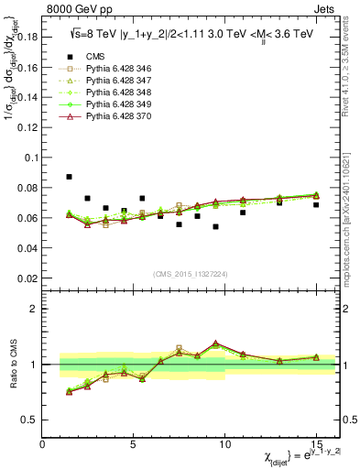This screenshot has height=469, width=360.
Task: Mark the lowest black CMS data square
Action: [215, 226]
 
